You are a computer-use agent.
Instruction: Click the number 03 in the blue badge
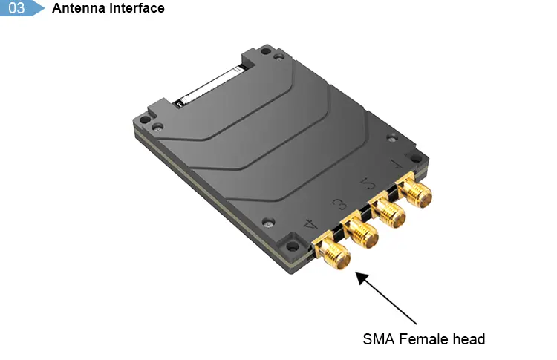[16, 8]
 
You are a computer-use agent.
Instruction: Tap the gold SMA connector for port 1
[414, 194]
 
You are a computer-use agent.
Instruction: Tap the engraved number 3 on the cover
[338, 201]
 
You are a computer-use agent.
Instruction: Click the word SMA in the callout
[378, 339]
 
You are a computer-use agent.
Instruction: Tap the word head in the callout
[469, 339]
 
